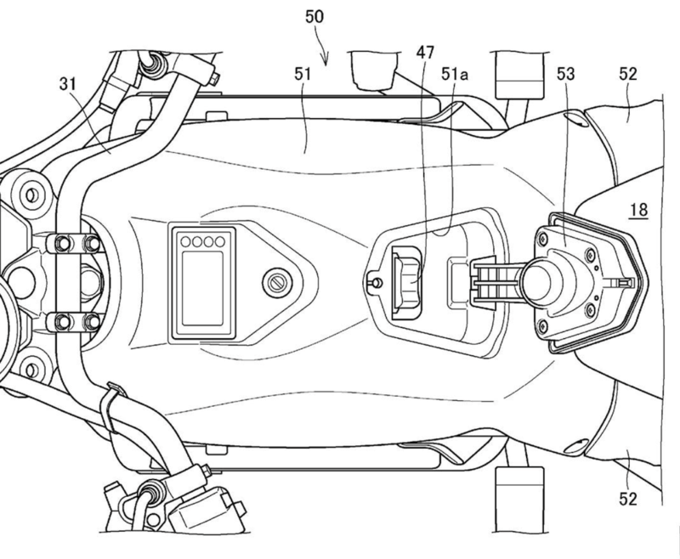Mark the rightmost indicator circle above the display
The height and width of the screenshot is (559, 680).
coord(220,241)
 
